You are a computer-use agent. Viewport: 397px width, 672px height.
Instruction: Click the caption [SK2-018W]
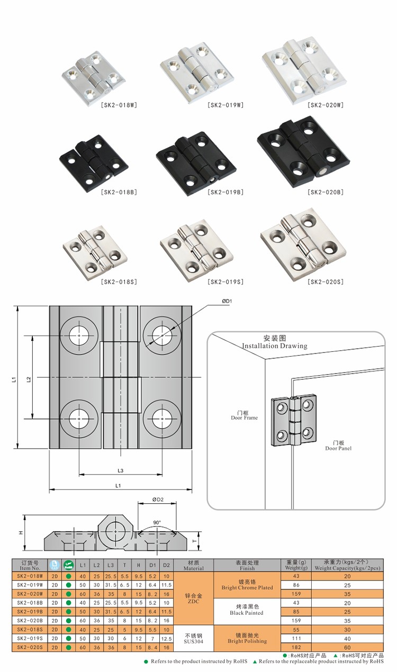point(119,105)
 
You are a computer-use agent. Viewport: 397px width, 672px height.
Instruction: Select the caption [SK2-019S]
point(225,282)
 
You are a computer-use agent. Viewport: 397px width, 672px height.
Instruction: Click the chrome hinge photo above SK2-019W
point(197,72)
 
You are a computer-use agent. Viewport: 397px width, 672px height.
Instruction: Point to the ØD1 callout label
point(228,301)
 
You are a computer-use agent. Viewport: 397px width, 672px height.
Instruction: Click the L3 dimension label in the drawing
point(121,470)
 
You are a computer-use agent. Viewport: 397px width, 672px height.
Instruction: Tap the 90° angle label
point(157,522)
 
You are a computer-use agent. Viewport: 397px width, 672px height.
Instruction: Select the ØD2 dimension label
point(157,499)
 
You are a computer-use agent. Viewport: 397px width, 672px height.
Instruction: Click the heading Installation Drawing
point(274,346)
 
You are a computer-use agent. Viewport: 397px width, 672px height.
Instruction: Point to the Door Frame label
point(244,415)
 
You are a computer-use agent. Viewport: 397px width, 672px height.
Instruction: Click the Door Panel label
point(338,445)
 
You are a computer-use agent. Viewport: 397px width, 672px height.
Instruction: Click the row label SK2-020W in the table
point(30,594)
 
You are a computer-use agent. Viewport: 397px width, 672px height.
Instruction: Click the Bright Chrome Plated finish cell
point(247,585)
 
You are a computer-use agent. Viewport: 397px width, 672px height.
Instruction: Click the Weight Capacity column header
point(347,565)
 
